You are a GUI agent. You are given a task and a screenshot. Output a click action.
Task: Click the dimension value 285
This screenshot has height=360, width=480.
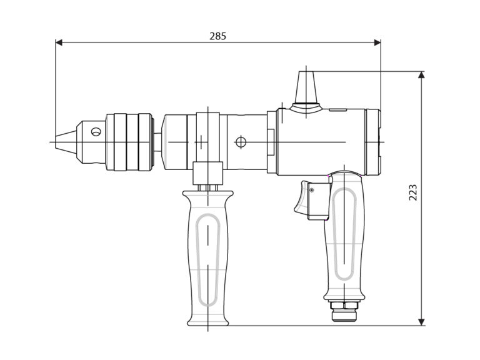coord(217,36)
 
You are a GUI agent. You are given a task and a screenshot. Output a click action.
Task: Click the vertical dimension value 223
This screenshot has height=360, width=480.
coord(412,192)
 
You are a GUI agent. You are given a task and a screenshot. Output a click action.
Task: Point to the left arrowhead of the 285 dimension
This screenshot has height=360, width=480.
coord(59,42)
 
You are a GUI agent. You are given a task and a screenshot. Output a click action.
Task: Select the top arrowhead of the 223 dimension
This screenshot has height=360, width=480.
coord(422,74)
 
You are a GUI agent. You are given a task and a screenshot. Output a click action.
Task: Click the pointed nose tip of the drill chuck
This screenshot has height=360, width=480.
coord(56,142)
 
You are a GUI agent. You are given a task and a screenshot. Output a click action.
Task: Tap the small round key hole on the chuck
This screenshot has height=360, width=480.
coord(95,132)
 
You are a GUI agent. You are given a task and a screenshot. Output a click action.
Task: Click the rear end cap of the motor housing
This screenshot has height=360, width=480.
coord(374,142)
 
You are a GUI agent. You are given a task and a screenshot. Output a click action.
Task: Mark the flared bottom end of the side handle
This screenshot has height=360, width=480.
coord(206,319)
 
